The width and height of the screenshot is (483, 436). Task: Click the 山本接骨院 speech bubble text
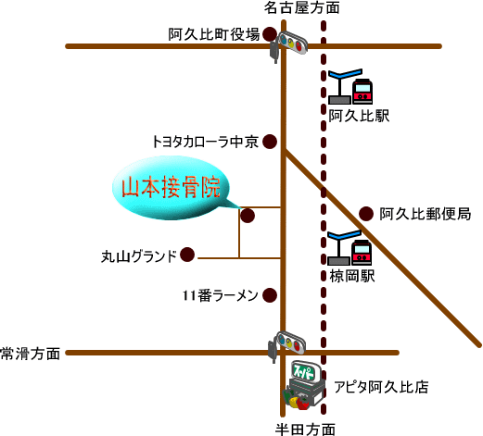171,187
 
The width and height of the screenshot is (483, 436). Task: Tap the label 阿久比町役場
214,34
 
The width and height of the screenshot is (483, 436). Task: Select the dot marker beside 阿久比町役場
270,33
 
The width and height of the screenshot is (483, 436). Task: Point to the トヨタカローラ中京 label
205,142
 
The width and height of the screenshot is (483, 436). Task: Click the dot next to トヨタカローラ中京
270,142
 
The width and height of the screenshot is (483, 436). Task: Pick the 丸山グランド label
139,256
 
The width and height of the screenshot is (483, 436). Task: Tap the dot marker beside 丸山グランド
187,255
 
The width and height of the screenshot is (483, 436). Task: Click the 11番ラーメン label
221,295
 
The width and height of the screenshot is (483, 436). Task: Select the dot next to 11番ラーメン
270,295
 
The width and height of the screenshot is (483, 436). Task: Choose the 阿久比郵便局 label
426,214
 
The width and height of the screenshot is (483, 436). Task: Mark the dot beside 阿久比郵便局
366,214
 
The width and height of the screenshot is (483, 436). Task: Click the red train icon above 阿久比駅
362,92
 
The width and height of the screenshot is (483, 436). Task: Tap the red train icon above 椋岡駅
362,253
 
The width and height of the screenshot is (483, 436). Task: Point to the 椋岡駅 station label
352,276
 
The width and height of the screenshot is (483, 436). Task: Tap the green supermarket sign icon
305,371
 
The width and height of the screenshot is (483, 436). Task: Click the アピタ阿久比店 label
381,387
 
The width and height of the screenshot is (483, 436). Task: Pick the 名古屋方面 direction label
301,7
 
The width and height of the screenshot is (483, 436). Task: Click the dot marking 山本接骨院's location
248,216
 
